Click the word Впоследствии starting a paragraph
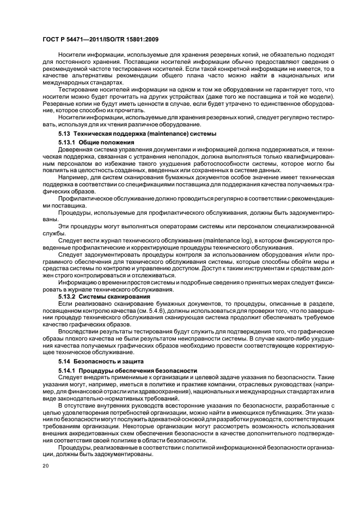pos(78,331)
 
